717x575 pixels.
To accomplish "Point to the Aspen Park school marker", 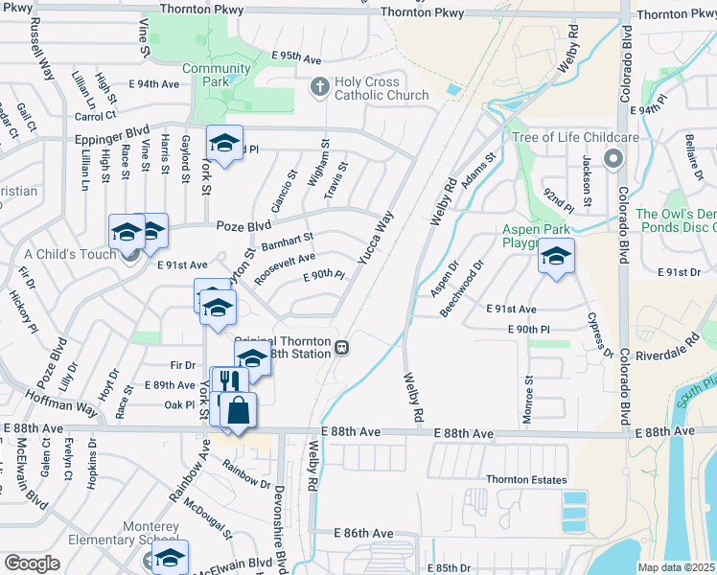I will (x=556, y=256).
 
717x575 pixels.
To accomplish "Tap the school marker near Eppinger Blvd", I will (x=224, y=143).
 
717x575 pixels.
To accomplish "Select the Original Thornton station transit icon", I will (x=340, y=347).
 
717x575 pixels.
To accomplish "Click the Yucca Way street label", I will (x=375, y=241).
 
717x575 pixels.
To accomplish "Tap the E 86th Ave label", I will (x=364, y=532).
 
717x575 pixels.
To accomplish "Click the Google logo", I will (x=32, y=563).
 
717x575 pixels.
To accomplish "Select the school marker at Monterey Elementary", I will (x=171, y=557).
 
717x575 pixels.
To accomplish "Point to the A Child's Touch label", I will (x=70, y=254).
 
